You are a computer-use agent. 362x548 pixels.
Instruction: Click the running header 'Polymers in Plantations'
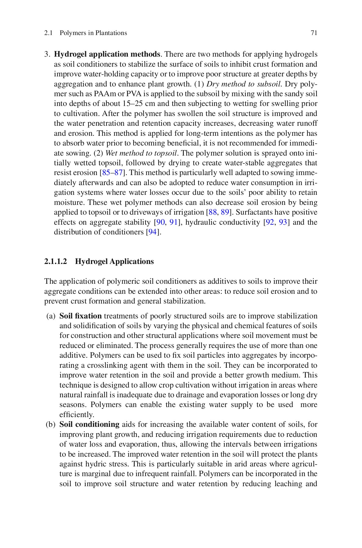(x=93, y=33)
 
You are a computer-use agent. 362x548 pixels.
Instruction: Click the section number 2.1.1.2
(x=56, y=262)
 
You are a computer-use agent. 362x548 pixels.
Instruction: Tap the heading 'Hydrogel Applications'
(x=114, y=262)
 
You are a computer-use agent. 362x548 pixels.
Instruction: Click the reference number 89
(x=225, y=213)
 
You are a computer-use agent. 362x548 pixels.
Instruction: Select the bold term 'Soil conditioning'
(x=89, y=424)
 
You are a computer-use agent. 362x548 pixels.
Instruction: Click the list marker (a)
(x=51, y=316)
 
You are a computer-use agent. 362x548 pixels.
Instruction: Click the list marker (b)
(x=51, y=424)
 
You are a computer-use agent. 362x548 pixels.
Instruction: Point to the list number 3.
(x=47, y=54)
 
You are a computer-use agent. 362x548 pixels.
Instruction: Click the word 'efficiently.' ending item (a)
(x=77, y=415)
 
